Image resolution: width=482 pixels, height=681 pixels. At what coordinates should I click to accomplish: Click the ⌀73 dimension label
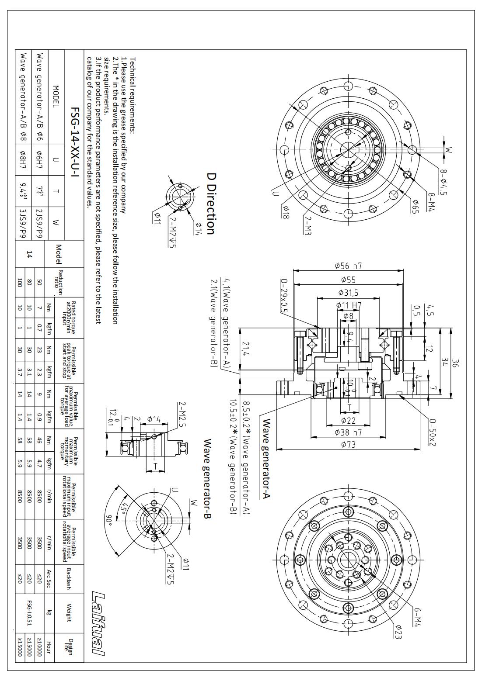coord(348,445)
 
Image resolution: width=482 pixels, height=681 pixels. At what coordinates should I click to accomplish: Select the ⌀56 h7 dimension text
coord(348,266)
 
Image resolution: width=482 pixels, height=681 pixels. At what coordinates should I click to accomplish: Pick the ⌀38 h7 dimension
coord(348,432)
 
